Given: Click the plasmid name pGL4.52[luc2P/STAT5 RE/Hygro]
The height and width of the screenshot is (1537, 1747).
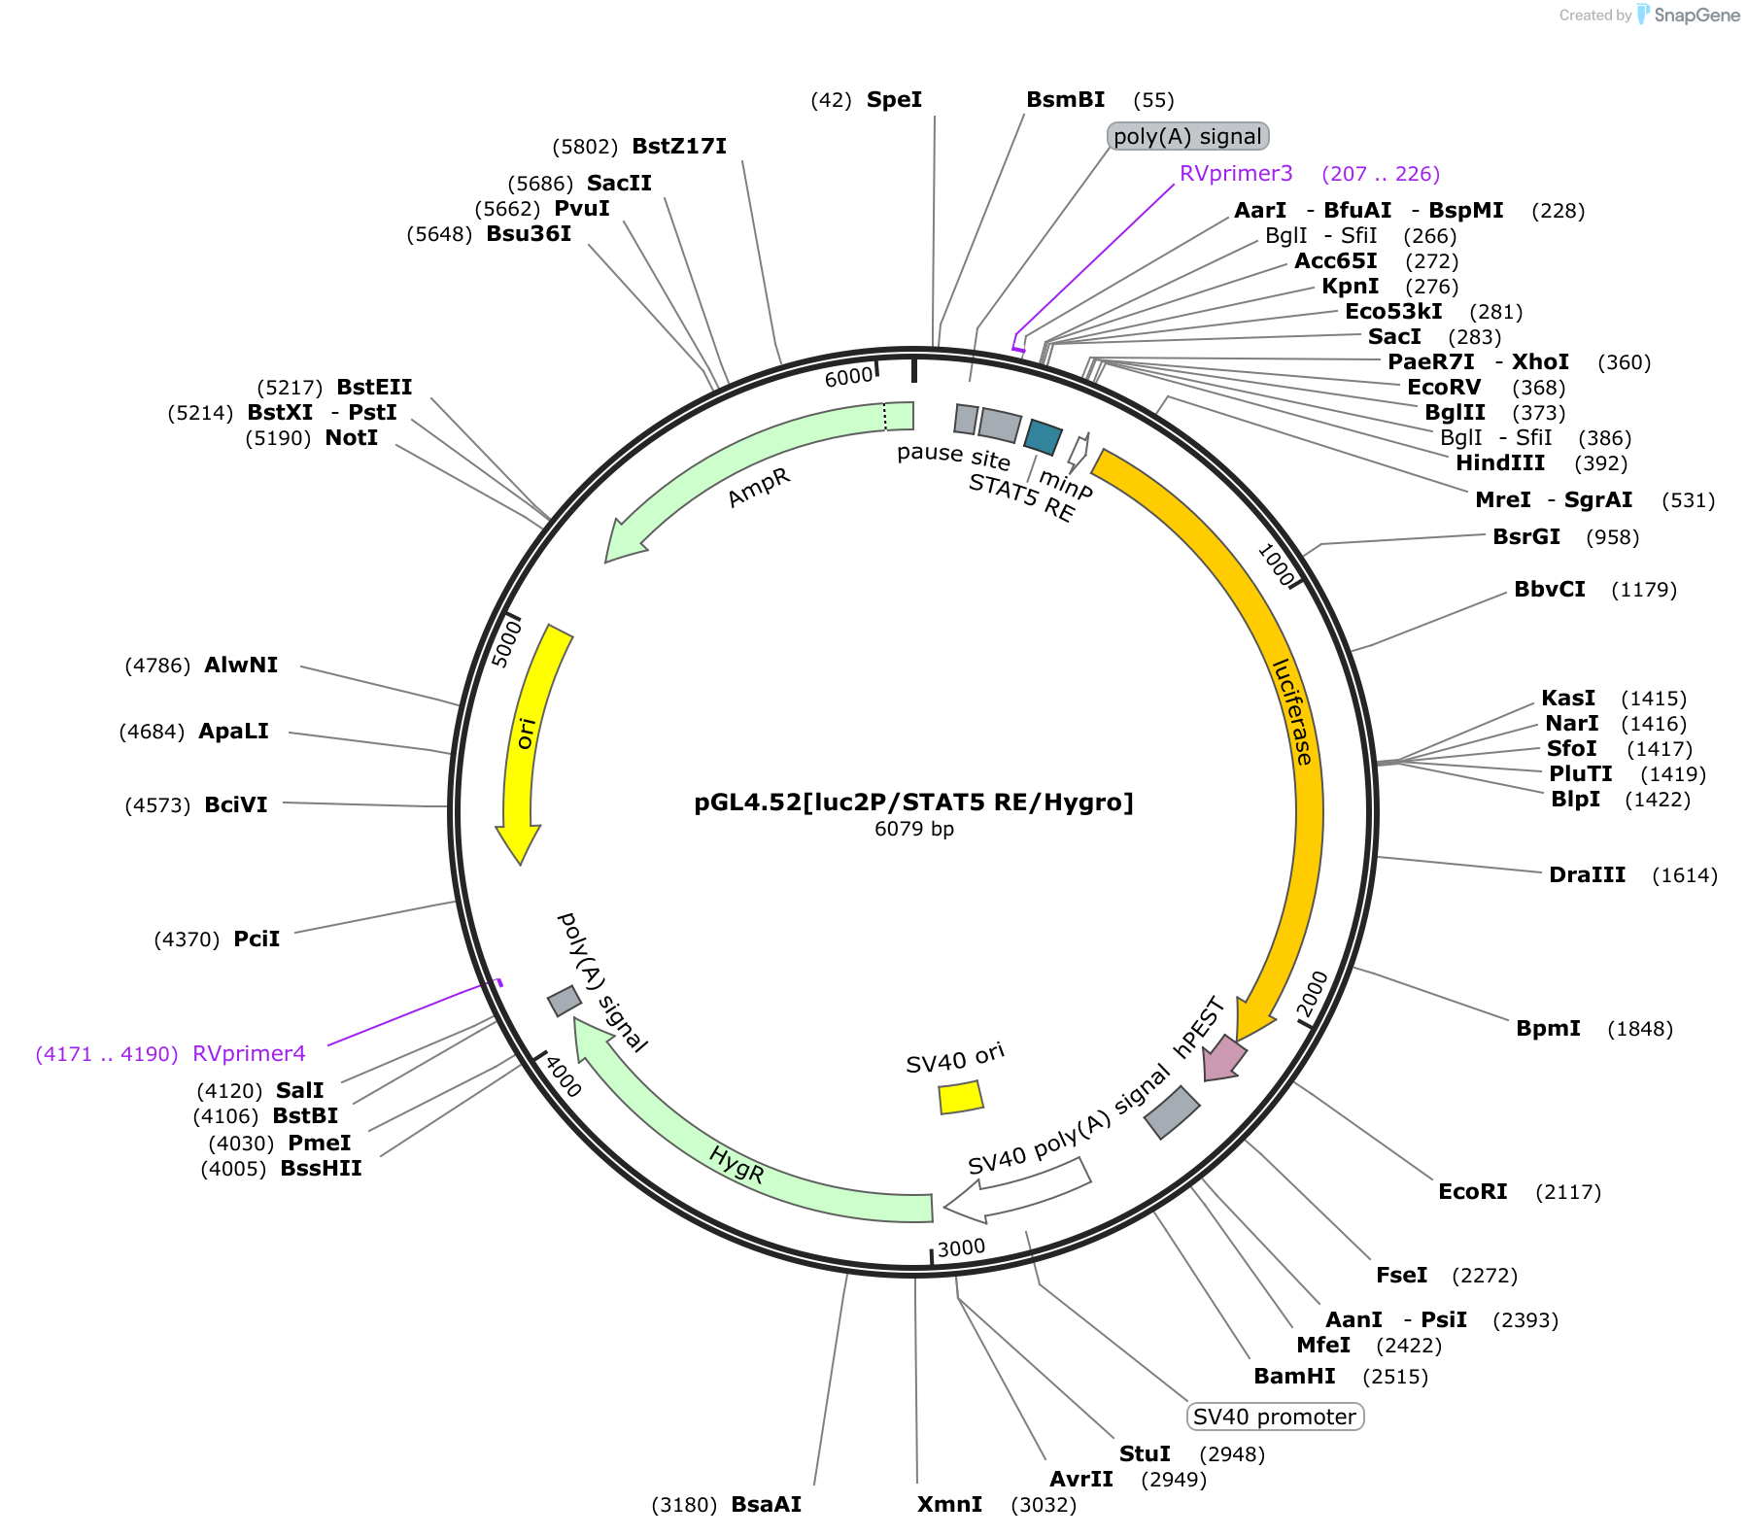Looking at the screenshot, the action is point(913,803).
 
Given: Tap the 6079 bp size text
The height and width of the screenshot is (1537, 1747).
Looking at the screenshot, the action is point(913,829).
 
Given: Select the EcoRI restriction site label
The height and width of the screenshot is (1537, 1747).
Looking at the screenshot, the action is point(1472,1191).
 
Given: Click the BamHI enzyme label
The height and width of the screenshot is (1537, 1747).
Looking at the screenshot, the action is point(1294,1376).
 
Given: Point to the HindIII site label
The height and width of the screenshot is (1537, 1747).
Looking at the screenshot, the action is point(1500,462).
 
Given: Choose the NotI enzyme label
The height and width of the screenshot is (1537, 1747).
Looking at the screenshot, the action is point(352,437).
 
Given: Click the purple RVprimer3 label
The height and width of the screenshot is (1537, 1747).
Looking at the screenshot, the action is point(1236,173).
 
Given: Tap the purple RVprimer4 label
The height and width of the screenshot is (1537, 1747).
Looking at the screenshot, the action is point(249,1053).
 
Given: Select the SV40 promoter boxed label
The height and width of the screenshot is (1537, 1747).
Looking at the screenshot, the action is point(1275,1417).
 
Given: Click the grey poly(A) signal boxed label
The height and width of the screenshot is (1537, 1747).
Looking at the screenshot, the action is point(1188,136).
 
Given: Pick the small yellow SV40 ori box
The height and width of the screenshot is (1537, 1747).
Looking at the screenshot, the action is point(961,1097).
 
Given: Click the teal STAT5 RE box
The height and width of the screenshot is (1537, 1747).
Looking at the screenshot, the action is point(1044,437).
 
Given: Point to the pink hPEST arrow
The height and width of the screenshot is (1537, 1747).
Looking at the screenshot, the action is point(1224,1058).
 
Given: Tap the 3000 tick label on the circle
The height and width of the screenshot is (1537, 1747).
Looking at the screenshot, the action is point(961,1247).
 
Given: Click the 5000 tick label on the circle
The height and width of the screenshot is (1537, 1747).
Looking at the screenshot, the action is point(506,643).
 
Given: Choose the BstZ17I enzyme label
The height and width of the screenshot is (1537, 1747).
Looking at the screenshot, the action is point(679,146).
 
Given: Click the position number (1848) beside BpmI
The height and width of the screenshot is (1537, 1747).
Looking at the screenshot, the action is point(1640,1028).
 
